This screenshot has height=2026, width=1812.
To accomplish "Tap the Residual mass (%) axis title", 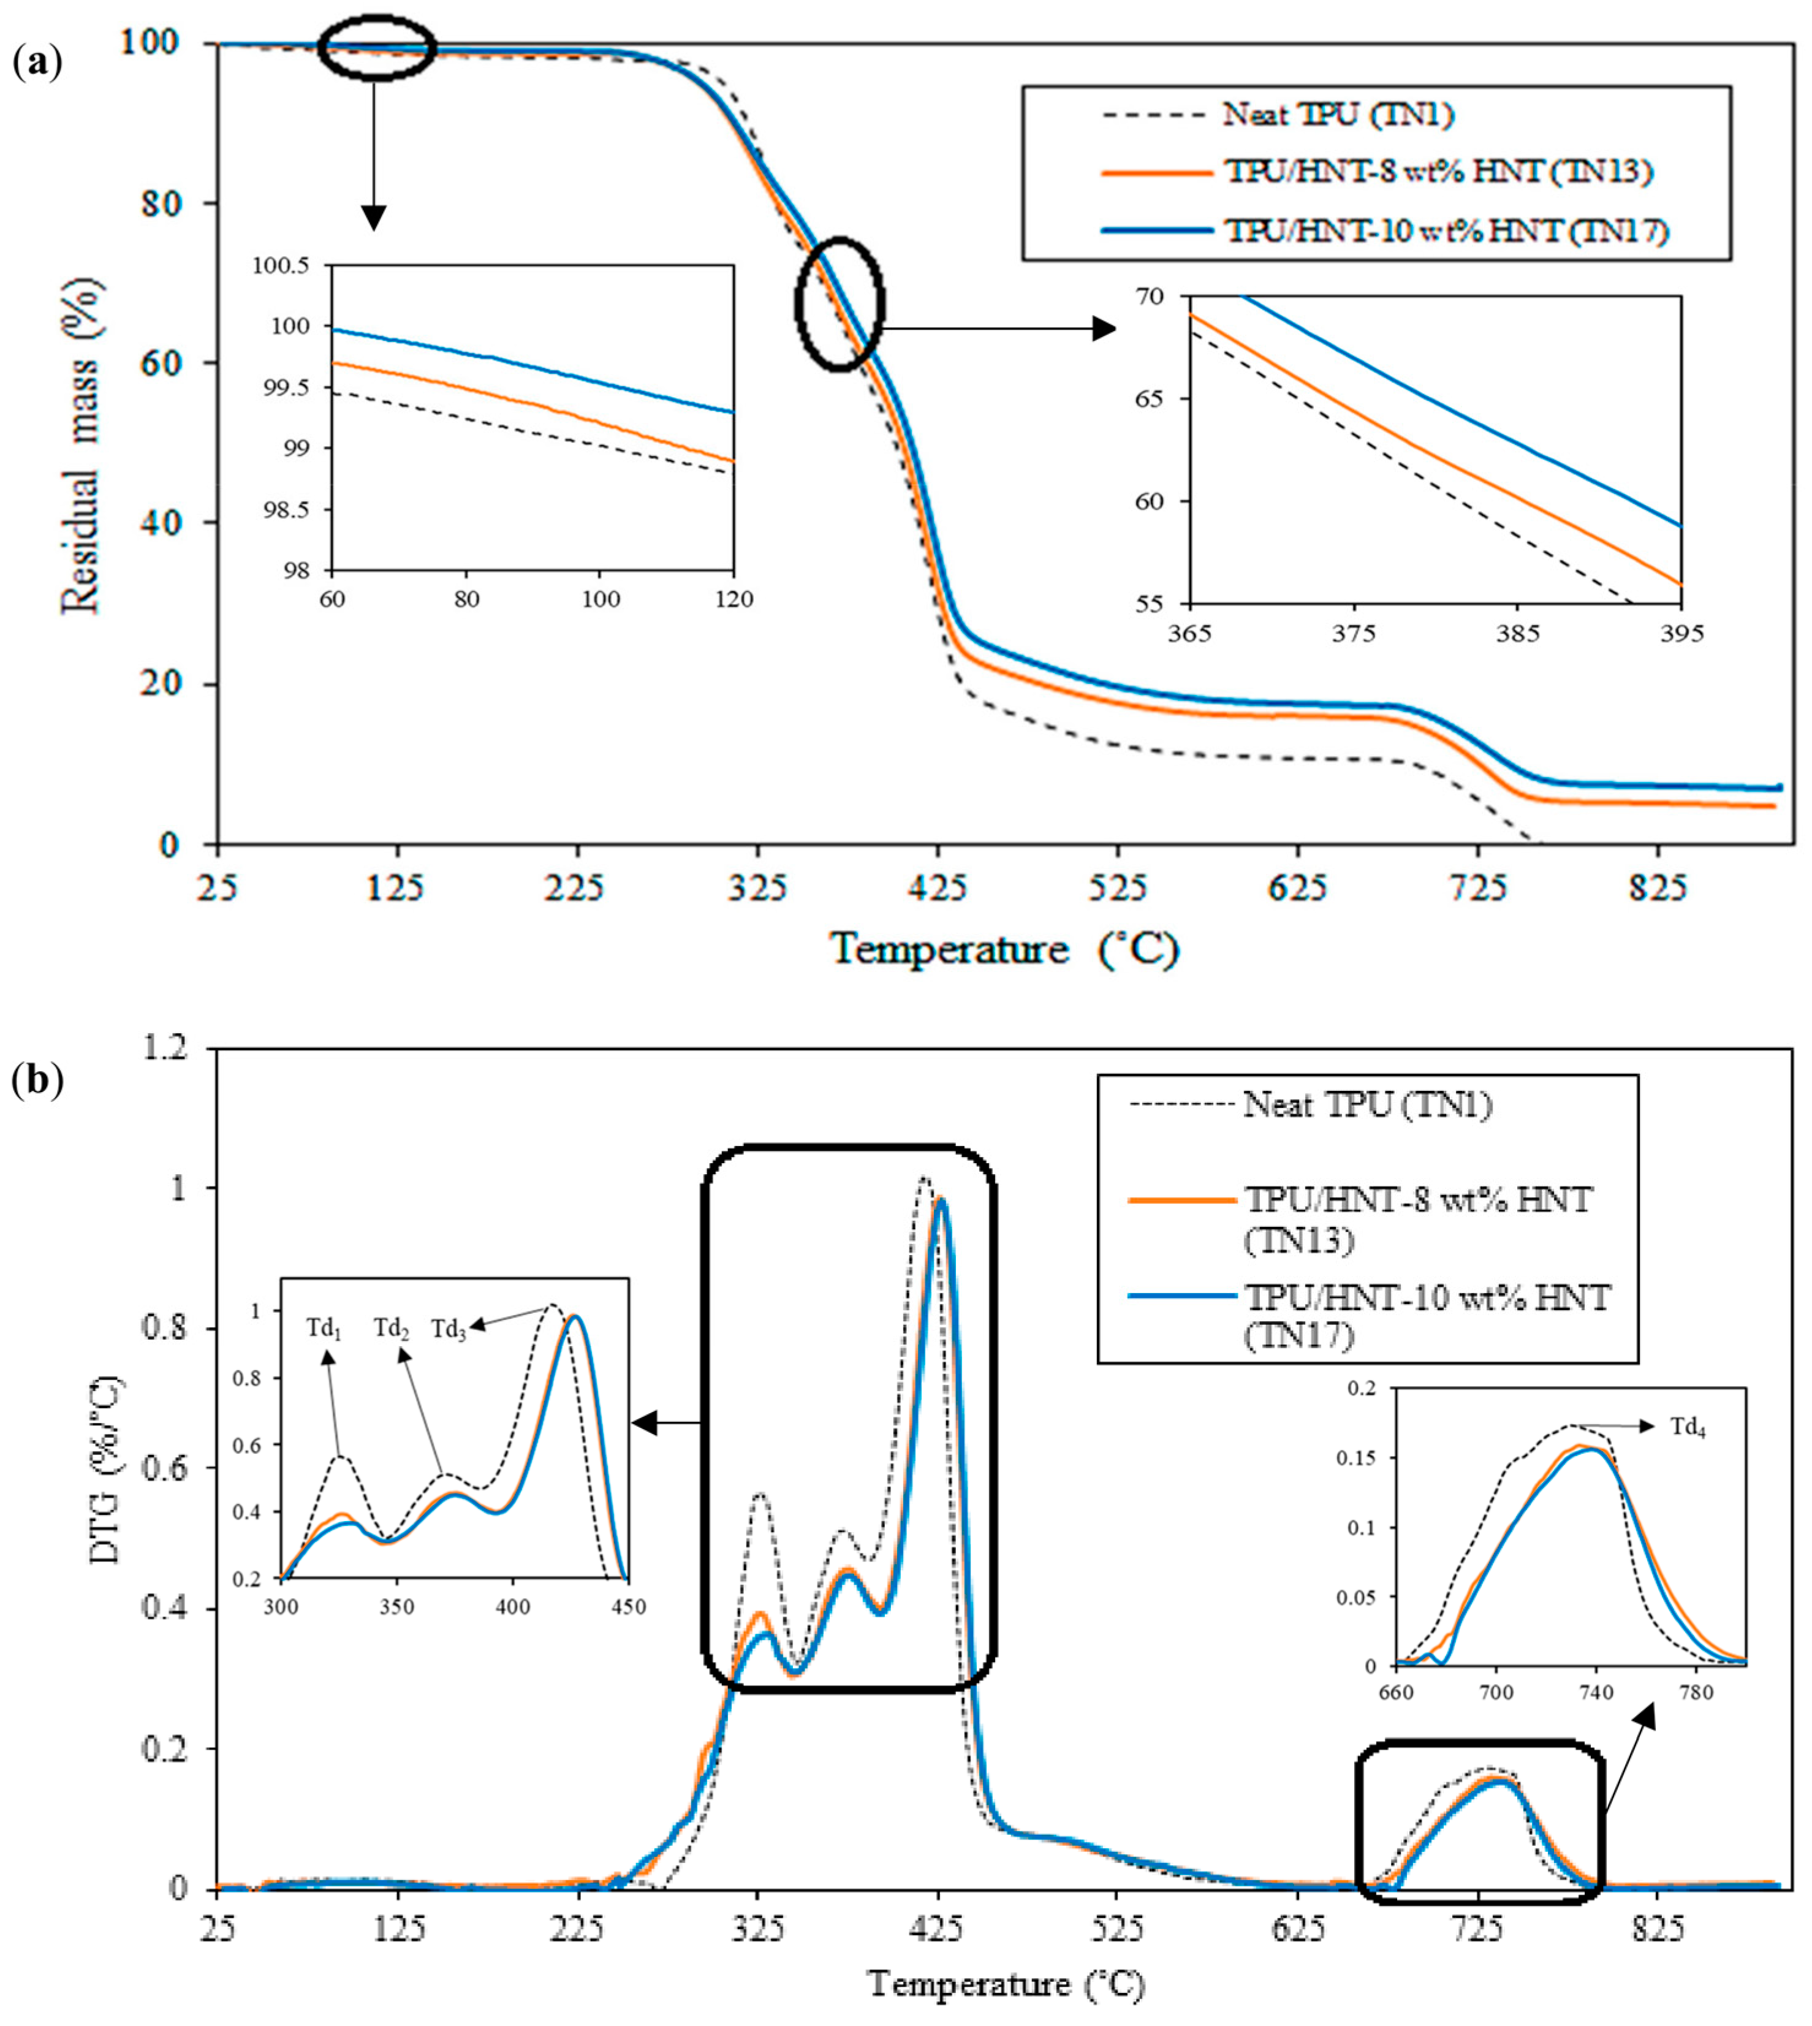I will point(82,444).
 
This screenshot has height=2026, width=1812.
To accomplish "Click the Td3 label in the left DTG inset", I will point(449,1329).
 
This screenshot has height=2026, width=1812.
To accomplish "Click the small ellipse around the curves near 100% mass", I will point(376,47).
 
